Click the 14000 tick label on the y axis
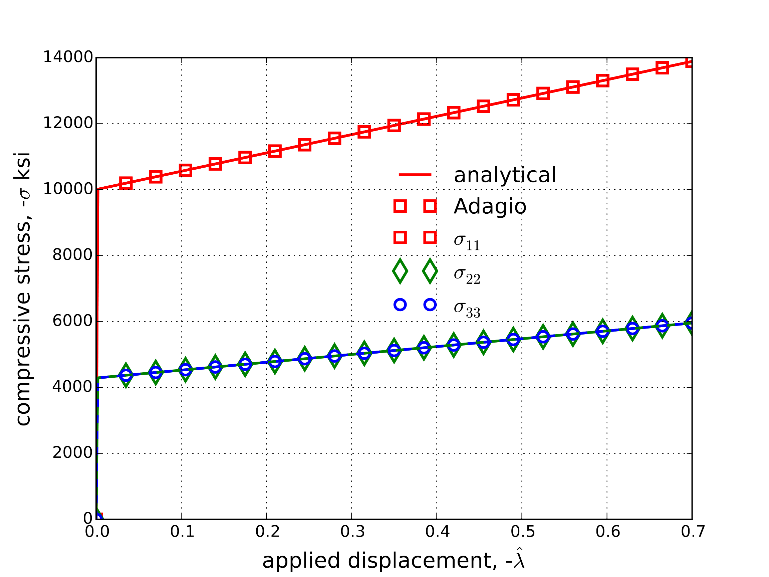tap(68, 57)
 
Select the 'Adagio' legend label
tap(490, 206)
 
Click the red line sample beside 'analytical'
tap(415, 175)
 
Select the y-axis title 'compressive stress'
tap(23, 289)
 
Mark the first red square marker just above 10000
tap(126, 183)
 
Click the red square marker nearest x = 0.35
tap(394, 125)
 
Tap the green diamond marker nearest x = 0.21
tap(275, 362)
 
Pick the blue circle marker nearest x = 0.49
tap(513, 340)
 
